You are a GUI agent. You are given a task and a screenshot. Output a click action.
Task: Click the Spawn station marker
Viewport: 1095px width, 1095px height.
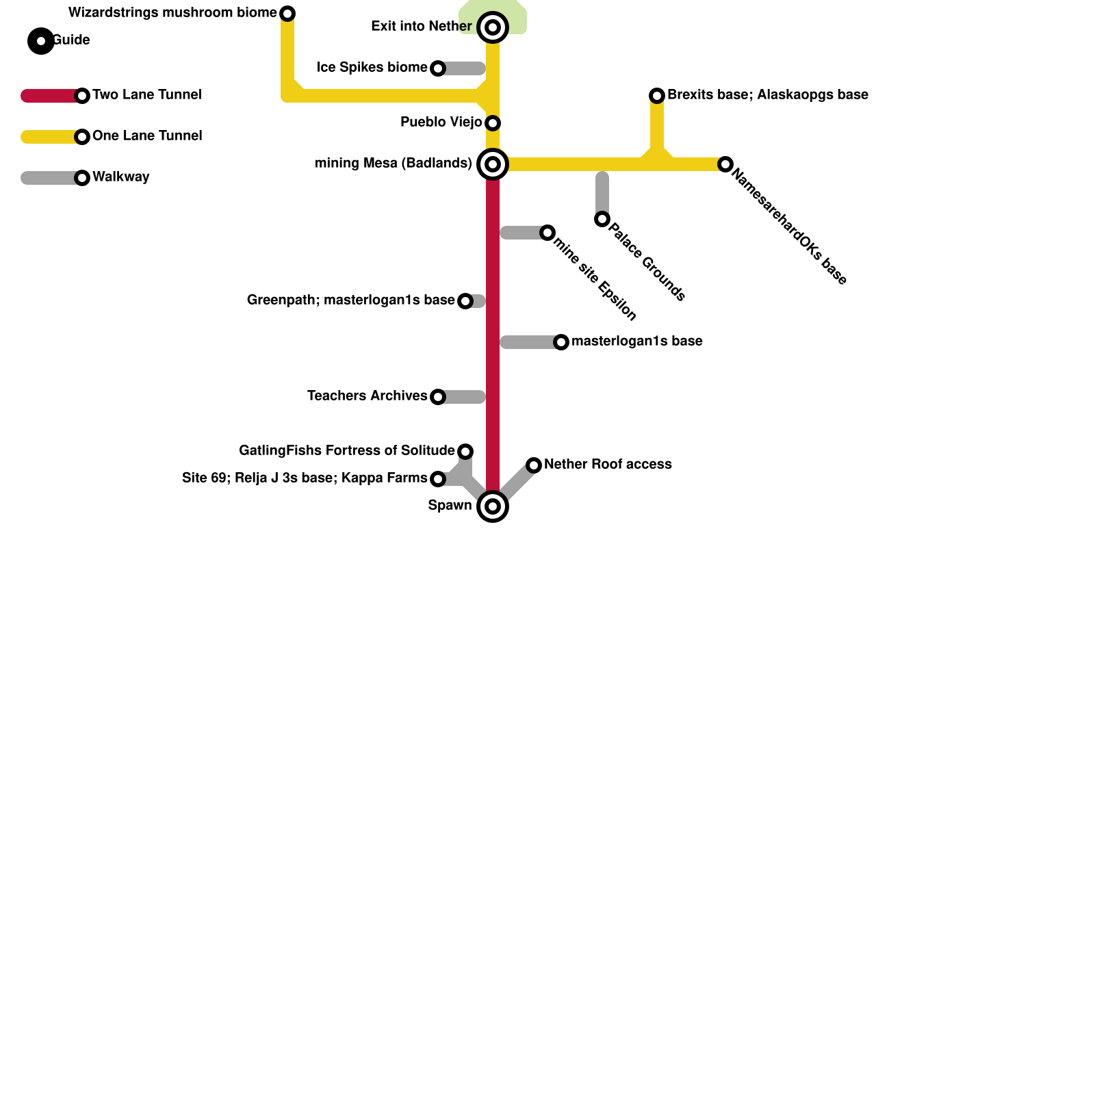coord(493,506)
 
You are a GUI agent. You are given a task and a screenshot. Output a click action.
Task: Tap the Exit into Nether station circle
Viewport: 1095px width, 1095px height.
coord(493,27)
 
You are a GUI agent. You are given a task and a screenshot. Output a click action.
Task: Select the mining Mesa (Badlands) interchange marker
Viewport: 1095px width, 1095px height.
coord(493,164)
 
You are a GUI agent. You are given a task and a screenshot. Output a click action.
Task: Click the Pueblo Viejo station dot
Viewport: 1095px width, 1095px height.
coord(493,123)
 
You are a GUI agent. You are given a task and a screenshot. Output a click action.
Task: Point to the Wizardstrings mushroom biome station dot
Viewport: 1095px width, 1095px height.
coord(287,14)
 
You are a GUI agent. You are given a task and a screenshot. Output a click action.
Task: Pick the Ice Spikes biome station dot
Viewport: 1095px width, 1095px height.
coord(438,68)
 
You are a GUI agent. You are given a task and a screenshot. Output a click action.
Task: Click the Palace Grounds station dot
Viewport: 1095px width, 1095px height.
coord(602,219)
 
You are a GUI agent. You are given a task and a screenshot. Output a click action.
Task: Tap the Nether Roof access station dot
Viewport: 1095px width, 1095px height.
coord(534,465)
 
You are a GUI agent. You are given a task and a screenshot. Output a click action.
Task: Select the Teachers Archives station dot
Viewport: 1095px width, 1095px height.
coord(438,397)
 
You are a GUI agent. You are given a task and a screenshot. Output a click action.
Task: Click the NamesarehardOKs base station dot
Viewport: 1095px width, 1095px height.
coord(725,164)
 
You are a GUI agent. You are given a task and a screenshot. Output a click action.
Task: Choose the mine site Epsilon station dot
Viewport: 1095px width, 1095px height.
coord(547,233)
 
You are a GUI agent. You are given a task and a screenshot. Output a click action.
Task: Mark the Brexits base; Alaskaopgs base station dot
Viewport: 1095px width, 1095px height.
coord(657,96)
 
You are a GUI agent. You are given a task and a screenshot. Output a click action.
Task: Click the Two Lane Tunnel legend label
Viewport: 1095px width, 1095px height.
coord(146,95)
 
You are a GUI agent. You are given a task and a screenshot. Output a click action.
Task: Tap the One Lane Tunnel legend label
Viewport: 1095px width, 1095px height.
coord(146,136)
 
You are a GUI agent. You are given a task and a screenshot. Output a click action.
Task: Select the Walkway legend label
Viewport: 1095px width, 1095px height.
coord(120,177)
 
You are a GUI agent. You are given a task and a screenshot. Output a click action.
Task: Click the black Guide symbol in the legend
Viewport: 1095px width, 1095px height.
coord(41,41)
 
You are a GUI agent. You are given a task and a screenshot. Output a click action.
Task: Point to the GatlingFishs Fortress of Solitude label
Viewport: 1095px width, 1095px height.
coord(346,451)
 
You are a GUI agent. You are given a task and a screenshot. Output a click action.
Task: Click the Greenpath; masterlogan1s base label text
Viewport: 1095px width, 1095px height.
coord(350,300)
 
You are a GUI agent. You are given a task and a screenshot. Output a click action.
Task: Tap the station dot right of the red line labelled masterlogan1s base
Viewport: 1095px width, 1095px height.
coord(561,342)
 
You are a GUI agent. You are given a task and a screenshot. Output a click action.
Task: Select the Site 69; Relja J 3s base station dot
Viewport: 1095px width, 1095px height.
coord(438,479)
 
